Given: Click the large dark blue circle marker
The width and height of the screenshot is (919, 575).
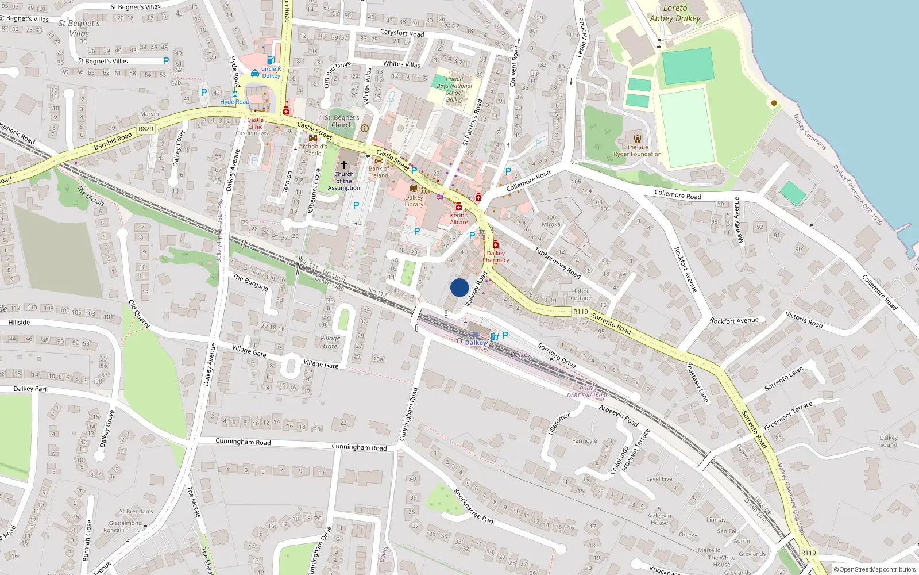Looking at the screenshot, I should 459,287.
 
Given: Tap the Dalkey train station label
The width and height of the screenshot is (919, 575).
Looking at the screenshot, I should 476,343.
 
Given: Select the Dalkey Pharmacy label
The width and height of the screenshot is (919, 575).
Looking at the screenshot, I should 496,256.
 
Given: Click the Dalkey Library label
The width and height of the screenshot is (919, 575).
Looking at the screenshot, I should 414,201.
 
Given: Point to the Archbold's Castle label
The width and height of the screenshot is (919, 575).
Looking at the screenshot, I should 313,149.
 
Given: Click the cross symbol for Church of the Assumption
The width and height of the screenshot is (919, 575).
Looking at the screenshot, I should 344,164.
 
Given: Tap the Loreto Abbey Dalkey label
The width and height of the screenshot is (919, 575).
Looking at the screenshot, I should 675,13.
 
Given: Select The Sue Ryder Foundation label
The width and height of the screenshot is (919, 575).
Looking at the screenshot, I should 637,151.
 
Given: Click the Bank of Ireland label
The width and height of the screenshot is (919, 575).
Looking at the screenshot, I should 379,172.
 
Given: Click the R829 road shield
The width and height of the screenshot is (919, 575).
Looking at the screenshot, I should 146,129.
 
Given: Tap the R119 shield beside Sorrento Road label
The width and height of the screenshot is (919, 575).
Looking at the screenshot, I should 581,312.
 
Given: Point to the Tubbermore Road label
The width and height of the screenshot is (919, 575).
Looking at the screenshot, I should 557,262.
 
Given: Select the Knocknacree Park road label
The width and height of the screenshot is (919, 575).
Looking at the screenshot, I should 474,507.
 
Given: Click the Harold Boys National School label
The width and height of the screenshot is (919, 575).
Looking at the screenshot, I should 454,89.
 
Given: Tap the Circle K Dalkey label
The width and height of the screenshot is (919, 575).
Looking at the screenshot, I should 271,72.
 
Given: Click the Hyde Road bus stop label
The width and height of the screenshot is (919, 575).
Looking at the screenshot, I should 234,102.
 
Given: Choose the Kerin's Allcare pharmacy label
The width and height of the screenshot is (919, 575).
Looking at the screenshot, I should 459,218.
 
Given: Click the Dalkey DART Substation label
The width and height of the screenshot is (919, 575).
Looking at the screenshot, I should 588,392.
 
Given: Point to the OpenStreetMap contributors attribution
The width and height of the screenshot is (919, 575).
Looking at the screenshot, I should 875,569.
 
